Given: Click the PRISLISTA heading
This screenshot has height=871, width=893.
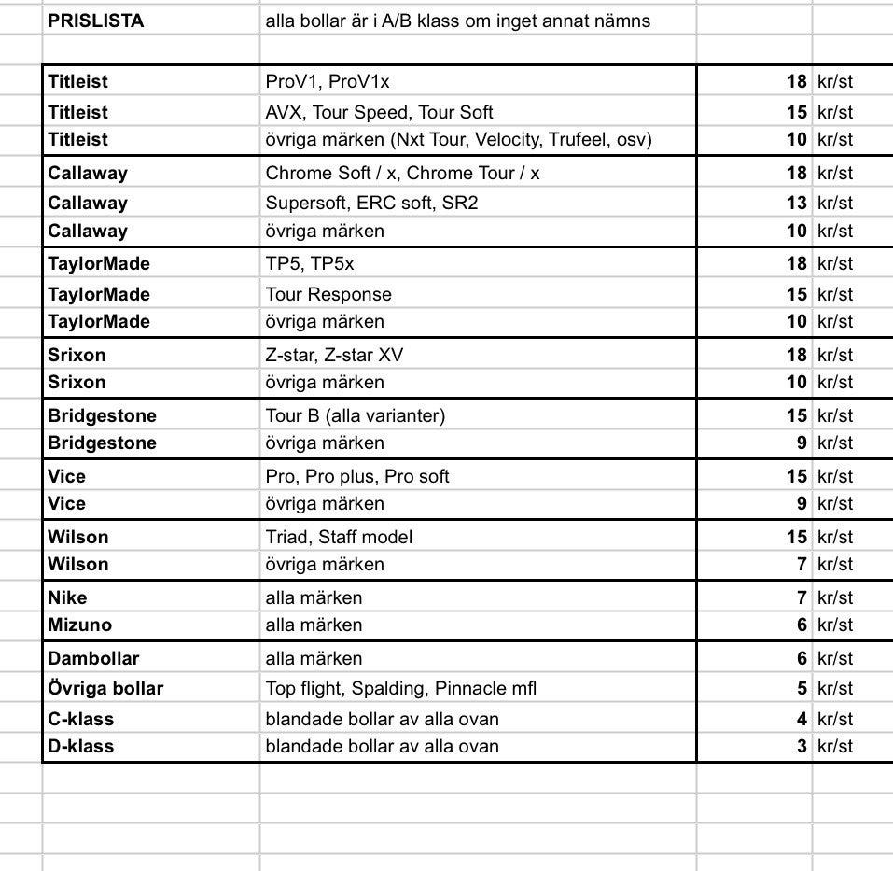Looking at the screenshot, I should click(96, 21).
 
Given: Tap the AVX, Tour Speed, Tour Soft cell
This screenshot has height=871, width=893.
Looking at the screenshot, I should click(379, 112).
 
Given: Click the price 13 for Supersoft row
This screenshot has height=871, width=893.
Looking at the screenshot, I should click(796, 203).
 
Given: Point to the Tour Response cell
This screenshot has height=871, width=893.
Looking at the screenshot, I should click(328, 294).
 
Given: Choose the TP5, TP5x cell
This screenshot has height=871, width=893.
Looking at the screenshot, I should click(310, 263).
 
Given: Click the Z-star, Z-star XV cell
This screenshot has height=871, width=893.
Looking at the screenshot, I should click(334, 355).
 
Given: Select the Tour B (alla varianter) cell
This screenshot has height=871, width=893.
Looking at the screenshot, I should click(355, 415).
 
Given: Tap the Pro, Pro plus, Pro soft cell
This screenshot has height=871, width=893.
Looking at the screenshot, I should click(357, 476).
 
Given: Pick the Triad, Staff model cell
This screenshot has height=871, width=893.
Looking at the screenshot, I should click(339, 537).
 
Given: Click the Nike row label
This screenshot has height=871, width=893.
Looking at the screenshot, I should click(68, 597).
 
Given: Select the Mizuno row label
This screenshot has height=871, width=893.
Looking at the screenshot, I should click(75, 625).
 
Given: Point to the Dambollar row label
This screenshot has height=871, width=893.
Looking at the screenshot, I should click(93, 658).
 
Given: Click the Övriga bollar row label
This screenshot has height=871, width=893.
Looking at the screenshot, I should click(105, 688).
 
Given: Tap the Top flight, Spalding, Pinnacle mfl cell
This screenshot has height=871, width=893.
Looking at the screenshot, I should click(401, 688).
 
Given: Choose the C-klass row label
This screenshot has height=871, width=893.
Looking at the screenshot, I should click(81, 719).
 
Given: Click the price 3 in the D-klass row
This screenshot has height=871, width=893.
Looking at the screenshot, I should click(802, 746).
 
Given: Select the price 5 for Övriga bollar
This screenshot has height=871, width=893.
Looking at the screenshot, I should click(802, 688).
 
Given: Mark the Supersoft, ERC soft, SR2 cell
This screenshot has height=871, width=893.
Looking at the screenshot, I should click(371, 203).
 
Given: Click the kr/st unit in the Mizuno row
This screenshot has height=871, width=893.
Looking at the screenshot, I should click(835, 625).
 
